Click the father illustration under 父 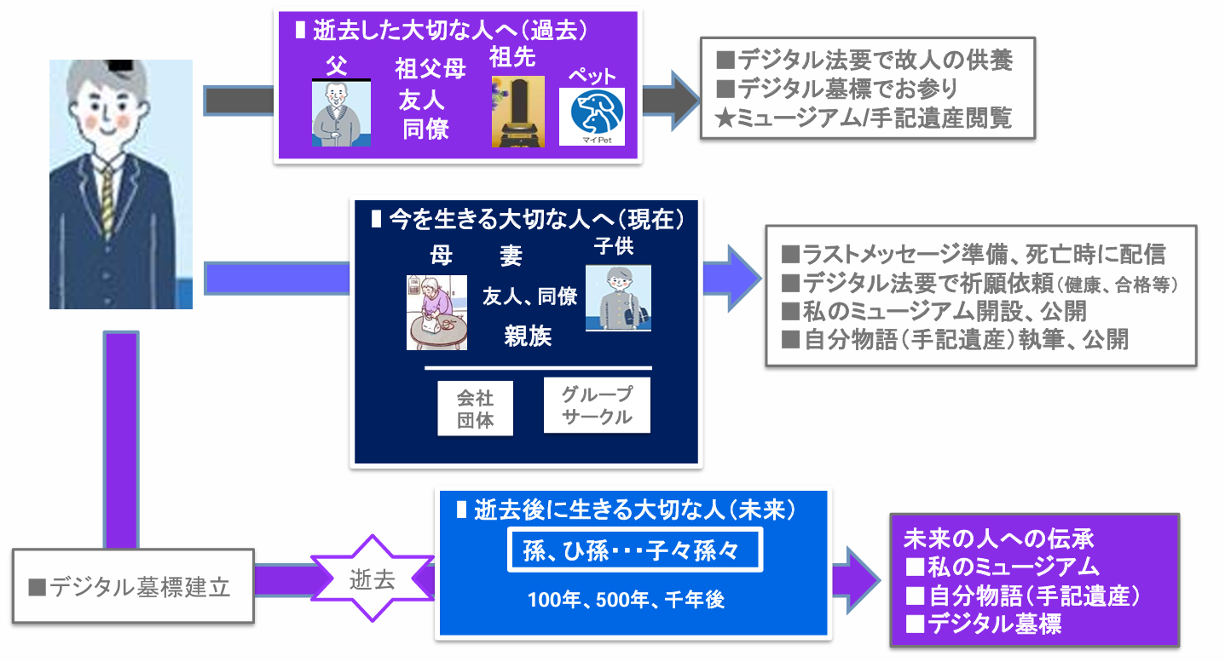tap(341, 114)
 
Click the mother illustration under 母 tap(436, 312)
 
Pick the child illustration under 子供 tap(618, 297)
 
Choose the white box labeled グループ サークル tap(597, 406)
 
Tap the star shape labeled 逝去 tap(373, 580)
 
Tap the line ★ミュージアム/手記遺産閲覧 tap(864, 118)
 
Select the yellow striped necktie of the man tap(107, 200)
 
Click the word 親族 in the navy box tap(528, 337)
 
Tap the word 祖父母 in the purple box tap(430, 70)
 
